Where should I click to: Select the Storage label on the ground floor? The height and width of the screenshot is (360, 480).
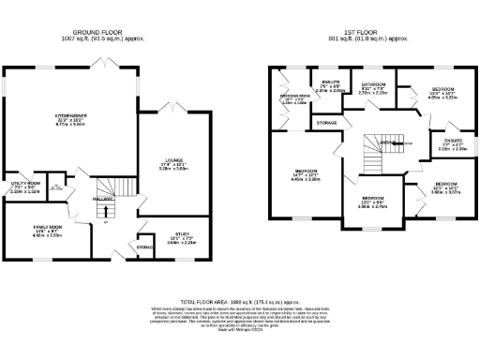coord(144,247)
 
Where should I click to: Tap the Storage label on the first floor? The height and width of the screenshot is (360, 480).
coord(326,123)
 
